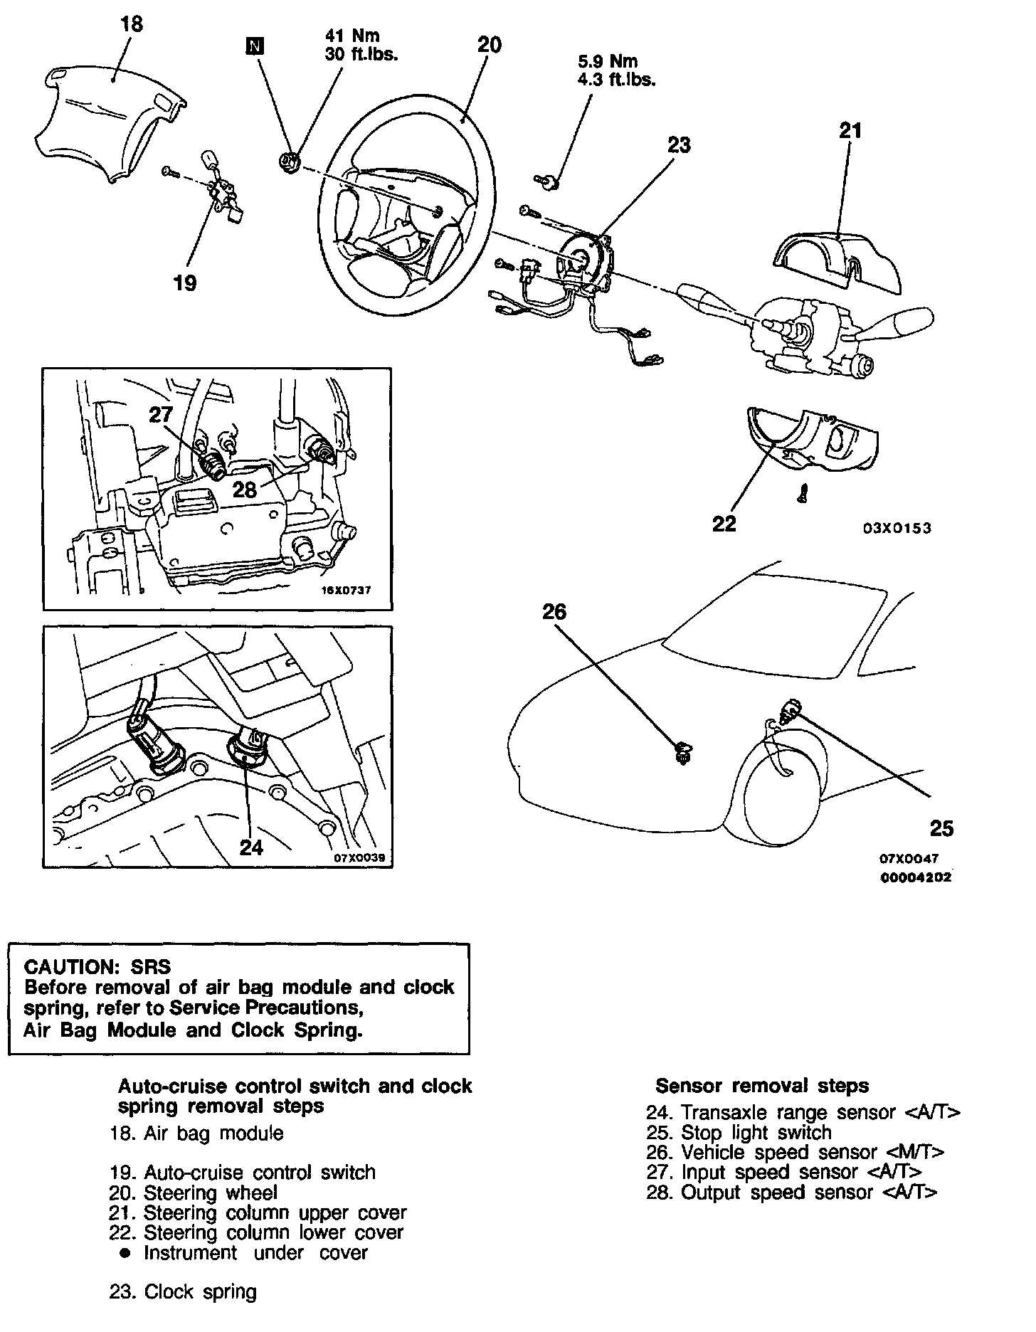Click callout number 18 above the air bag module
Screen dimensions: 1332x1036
coord(132,24)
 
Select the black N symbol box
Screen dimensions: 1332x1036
coord(254,46)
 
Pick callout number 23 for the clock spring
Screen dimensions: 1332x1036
coord(679,145)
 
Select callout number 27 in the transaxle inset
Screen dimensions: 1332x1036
coord(162,415)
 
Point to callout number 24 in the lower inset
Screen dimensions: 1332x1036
coord(251,847)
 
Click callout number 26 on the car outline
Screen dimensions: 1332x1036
coord(554,611)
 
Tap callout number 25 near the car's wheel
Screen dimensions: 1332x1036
coord(941,828)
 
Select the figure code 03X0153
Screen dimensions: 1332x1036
coord(897,528)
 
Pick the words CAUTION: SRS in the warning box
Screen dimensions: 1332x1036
coord(98,966)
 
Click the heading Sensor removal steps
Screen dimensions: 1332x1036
coord(762,1086)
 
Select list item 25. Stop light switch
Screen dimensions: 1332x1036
coord(739,1132)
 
